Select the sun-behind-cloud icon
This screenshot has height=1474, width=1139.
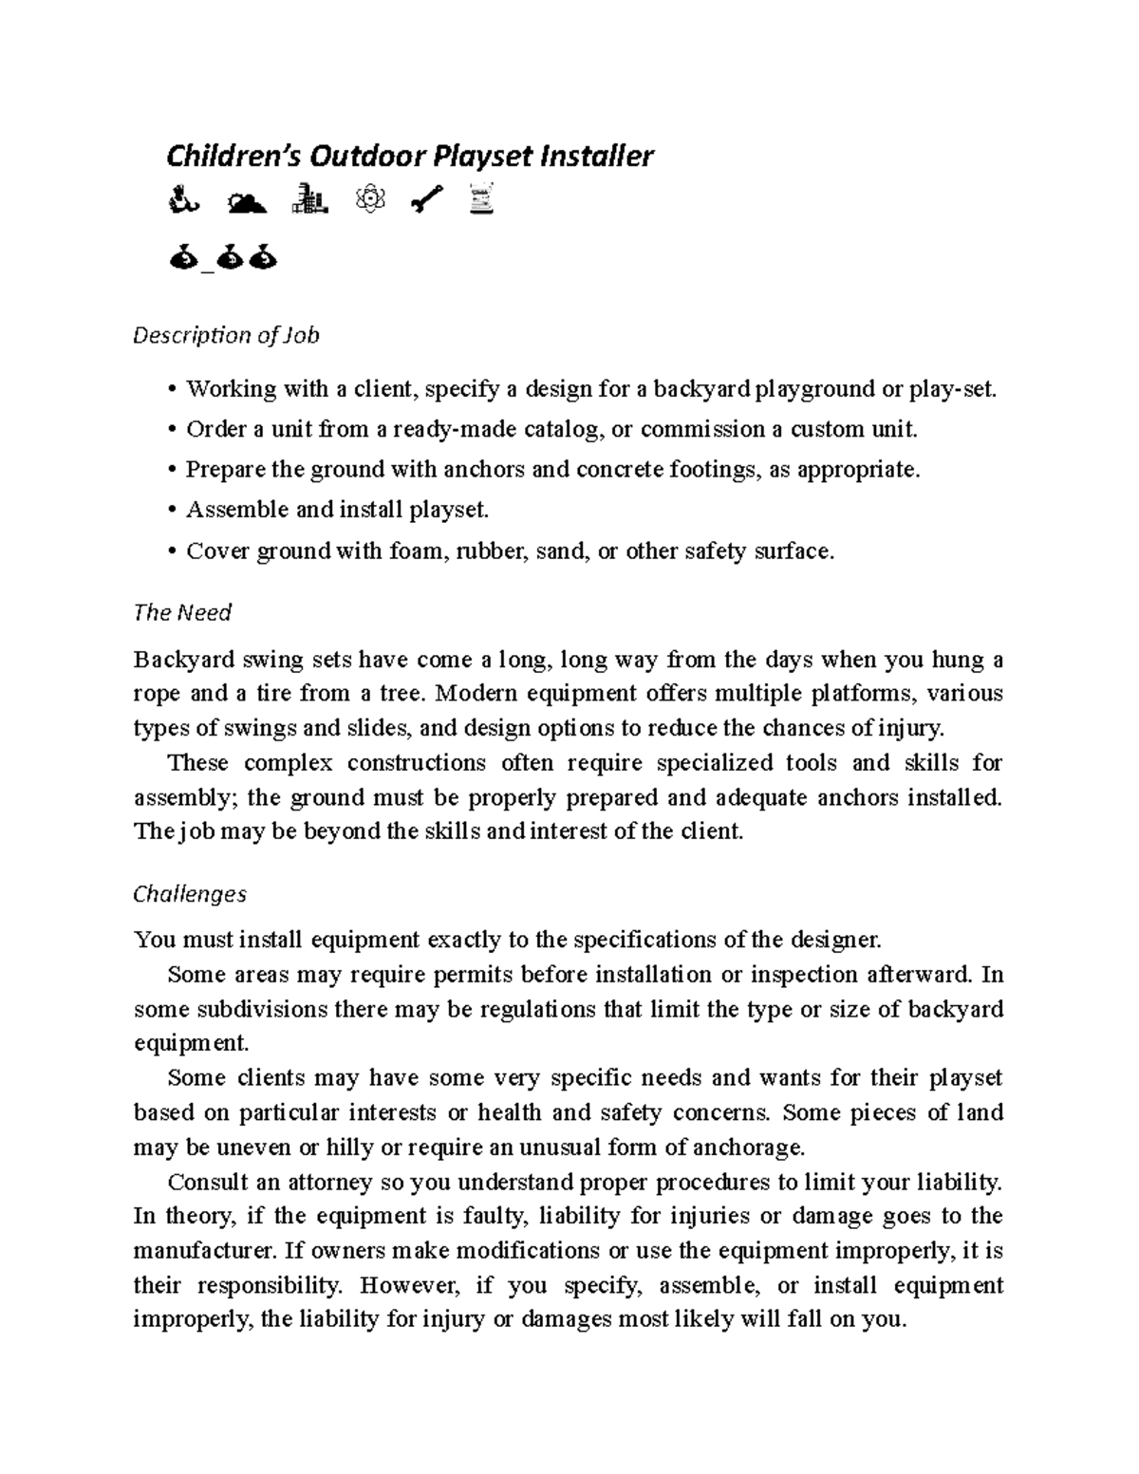[248, 200]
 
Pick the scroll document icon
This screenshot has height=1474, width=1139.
[483, 199]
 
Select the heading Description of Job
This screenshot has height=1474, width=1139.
[226, 335]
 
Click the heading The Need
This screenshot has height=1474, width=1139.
[182, 613]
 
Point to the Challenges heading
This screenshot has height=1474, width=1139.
[190, 894]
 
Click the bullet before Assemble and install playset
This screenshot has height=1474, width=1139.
[171, 511]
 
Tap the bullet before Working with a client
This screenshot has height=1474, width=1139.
[171, 389]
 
